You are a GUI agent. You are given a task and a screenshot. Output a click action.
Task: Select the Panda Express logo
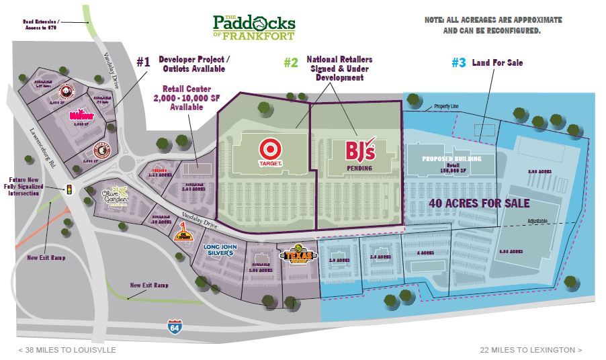pos(67,91)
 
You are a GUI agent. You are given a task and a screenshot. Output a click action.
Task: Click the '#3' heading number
pos(458,63)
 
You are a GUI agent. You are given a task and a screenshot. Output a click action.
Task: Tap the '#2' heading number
pos(290,63)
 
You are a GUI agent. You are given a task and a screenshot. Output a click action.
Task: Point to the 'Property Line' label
pos(447,106)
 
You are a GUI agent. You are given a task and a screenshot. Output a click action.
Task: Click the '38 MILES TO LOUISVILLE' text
pos(68,350)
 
